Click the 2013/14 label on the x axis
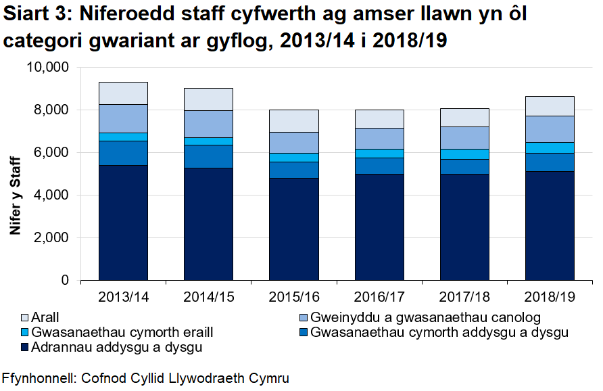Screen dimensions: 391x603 click(x=123, y=297)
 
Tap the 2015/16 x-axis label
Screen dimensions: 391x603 click(x=293, y=297)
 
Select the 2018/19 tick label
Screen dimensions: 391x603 click(x=550, y=297)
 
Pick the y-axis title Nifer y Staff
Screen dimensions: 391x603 click(x=14, y=195)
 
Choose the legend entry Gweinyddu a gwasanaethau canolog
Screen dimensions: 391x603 click(x=426, y=317)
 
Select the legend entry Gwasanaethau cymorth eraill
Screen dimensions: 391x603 click(x=122, y=332)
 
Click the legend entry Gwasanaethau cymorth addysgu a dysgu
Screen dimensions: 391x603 click(x=439, y=332)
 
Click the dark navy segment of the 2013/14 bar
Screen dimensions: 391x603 click(x=123, y=222)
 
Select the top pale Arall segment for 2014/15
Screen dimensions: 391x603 click(x=208, y=99)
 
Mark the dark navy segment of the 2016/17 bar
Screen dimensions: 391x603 click(x=379, y=227)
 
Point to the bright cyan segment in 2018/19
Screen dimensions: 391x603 click(x=550, y=147)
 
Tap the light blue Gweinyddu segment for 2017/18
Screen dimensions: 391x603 click(x=464, y=137)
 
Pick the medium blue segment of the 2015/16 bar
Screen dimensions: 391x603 click(x=293, y=170)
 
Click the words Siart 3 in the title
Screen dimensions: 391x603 click(x=37, y=18)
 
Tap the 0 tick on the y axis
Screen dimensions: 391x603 click(x=66, y=280)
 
